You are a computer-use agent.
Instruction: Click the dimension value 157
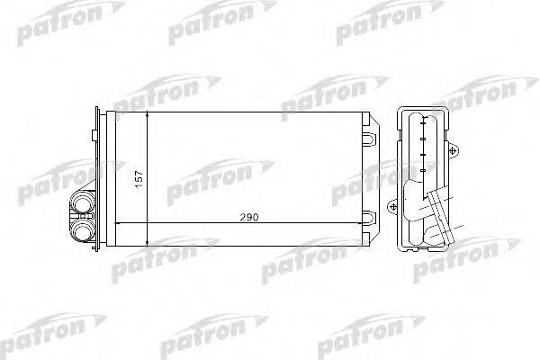pos(139,179)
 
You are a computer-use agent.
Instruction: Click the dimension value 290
pos(249,218)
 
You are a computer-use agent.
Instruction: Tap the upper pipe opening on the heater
pos(82,202)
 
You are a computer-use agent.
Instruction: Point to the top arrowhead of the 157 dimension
pos(147,115)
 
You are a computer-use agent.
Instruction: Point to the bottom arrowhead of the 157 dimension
pos(147,242)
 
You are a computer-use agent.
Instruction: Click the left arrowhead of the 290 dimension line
pos(117,223)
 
